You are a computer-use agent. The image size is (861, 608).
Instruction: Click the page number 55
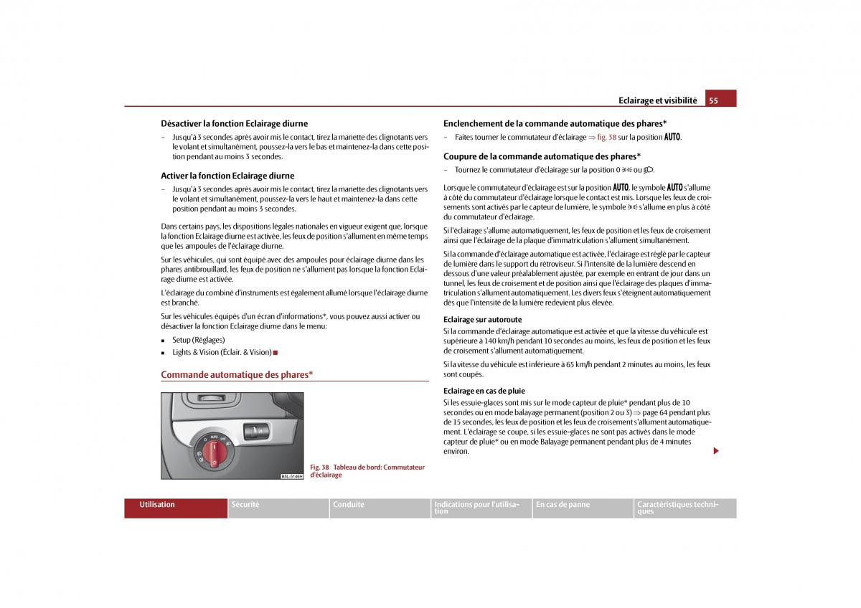[x=713, y=100]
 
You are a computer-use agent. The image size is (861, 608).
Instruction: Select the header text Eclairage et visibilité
[x=658, y=100]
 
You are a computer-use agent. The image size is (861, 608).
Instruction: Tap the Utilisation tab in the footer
[x=158, y=505]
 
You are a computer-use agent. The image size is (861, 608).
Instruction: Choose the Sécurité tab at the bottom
[x=245, y=505]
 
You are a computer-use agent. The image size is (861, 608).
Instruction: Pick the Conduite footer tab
[x=349, y=505]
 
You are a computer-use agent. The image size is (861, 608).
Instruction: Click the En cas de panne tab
[x=563, y=505]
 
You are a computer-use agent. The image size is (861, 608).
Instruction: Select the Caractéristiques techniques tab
[x=677, y=508]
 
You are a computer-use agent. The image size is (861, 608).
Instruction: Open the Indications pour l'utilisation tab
[x=476, y=508]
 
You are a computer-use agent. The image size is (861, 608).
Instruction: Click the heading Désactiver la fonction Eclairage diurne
[x=234, y=123]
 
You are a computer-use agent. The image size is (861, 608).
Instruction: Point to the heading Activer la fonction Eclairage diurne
[x=227, y=176]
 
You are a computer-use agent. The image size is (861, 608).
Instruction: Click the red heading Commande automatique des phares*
[x=237, y=374]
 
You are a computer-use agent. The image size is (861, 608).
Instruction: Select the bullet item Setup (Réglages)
[x=198, y=340]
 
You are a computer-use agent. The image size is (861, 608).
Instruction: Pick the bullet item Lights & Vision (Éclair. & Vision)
[x=222, y=352]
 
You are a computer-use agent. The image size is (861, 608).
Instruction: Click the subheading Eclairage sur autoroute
[x=482, y=320]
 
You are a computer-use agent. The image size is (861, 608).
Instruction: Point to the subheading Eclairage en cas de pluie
[x=484, y=391]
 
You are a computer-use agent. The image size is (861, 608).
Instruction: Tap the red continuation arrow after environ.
[x=715, y=451]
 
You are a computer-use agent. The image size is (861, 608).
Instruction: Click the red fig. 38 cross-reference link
[x=607, y=137]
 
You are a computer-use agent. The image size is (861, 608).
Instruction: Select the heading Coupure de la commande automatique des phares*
[x=542, y=156]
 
